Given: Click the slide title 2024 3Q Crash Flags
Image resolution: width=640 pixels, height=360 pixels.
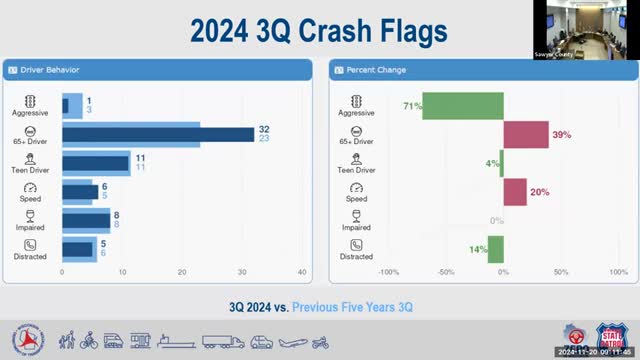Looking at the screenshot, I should (319, 31).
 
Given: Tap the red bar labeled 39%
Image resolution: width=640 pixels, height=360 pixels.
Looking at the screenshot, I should (526, 134).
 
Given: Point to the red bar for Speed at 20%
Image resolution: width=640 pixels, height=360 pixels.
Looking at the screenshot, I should (515, 192).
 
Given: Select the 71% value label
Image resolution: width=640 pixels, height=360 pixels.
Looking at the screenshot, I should (412, 105).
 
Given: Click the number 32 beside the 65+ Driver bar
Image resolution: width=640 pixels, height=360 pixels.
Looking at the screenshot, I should (264, 130).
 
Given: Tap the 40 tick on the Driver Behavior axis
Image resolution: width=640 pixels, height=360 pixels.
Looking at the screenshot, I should (301, 272).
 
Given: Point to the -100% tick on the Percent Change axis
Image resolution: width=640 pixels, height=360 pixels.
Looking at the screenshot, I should (389, 272).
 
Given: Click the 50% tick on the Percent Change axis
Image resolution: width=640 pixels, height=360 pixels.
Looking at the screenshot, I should (561, 272).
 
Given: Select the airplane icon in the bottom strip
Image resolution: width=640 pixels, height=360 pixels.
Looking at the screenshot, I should (290, 342).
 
